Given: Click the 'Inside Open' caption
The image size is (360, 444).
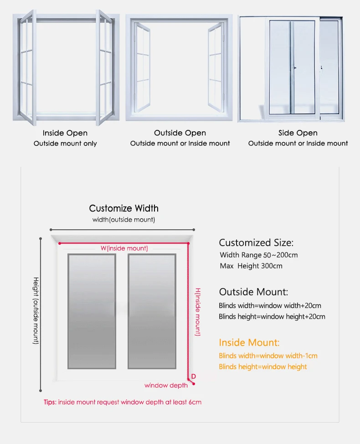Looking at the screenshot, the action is click(65, 133).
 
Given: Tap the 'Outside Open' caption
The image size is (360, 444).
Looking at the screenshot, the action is click(180, 133).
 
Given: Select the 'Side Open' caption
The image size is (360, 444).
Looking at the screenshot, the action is click(298, 133).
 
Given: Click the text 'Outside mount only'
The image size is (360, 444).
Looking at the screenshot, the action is click(65, 144).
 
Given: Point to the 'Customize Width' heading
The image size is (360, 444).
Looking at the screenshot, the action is click(124, 208).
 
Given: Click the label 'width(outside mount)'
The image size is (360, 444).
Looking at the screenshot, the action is click(124, 220).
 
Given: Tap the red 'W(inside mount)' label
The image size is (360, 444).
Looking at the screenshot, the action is click(124, 248).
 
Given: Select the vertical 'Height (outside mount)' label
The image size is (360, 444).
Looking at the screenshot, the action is click(36, 310).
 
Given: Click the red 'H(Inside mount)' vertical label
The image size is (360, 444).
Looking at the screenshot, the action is click(198, 312).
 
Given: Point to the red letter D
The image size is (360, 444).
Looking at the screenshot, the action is click(194, 376).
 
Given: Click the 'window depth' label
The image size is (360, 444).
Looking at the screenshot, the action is click(166, 386).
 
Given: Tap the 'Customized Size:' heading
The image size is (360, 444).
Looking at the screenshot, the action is click(256, 243).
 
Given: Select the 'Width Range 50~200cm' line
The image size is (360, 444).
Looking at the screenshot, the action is click(258, 255).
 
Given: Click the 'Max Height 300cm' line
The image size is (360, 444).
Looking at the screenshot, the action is click(251, 266).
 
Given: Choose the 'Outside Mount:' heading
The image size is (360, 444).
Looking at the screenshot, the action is click(253, 292).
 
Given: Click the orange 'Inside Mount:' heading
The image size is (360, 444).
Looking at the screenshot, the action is click(249, 343).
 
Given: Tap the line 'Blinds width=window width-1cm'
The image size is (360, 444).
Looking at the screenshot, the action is click(268, 356).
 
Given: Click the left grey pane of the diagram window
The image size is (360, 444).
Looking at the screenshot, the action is click(91, 311).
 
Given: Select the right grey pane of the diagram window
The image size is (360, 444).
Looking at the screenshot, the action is click(152, 311).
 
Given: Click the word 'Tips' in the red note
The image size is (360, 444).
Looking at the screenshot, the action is click(49, 402).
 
